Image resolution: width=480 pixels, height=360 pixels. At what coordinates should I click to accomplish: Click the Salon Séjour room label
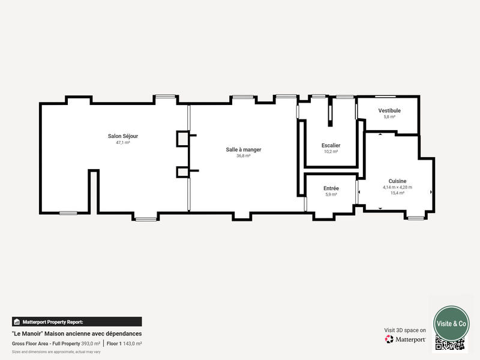123,136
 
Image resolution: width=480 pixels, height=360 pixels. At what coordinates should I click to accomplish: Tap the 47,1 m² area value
123,143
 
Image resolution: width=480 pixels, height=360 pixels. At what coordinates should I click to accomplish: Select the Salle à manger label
243,149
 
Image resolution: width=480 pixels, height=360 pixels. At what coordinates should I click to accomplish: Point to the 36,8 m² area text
243,156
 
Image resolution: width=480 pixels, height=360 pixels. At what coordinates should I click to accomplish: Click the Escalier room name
331,145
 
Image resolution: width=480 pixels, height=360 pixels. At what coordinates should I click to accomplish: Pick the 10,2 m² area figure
331,152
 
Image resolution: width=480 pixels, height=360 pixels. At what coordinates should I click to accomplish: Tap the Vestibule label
389,110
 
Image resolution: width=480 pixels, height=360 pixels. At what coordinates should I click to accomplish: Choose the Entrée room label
331,188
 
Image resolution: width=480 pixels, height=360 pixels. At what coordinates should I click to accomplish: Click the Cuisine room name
397,181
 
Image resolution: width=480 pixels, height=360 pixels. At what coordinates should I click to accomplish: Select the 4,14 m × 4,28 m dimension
397,187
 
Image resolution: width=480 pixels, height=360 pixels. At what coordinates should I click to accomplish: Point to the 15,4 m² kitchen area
397,193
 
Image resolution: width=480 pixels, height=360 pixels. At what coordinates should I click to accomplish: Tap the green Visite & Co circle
451,323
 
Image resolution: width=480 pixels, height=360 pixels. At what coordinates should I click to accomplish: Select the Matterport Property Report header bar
77,322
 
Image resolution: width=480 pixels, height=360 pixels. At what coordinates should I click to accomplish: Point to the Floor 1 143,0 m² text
124,343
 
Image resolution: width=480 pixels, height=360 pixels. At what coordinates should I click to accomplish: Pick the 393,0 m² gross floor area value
91,343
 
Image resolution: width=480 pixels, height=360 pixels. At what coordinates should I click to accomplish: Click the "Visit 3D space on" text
405,330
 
